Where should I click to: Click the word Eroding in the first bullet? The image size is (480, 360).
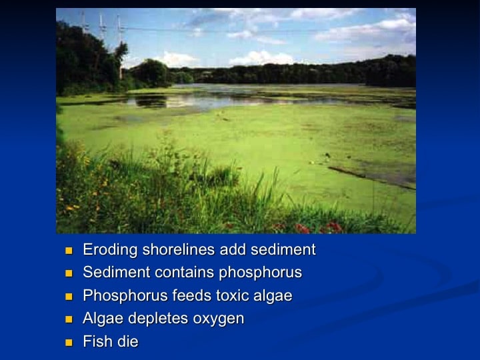(x=110, y=250)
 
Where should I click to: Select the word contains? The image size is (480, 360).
(x=184, y=272)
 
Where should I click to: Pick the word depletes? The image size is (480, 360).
(x=158, y=319)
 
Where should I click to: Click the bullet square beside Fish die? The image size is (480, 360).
(x=69, y=343)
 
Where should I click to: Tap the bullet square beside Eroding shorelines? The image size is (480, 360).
(x=69, y=251)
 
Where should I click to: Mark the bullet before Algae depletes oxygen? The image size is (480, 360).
(x=69, y=319)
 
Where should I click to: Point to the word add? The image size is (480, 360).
(x=233, y=249)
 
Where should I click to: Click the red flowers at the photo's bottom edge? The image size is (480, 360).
(x=319, y=227)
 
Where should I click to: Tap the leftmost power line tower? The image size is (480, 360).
(x=83, y=22)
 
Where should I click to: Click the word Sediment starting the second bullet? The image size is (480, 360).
(x=116, y=272)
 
